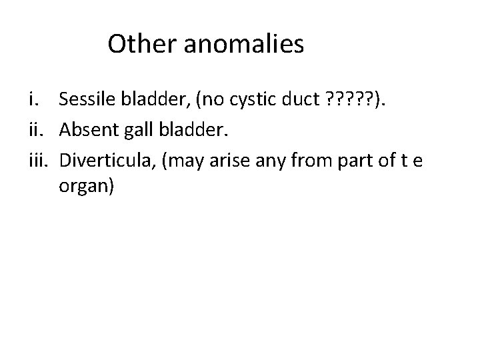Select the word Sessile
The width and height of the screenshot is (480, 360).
coord(85,100)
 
